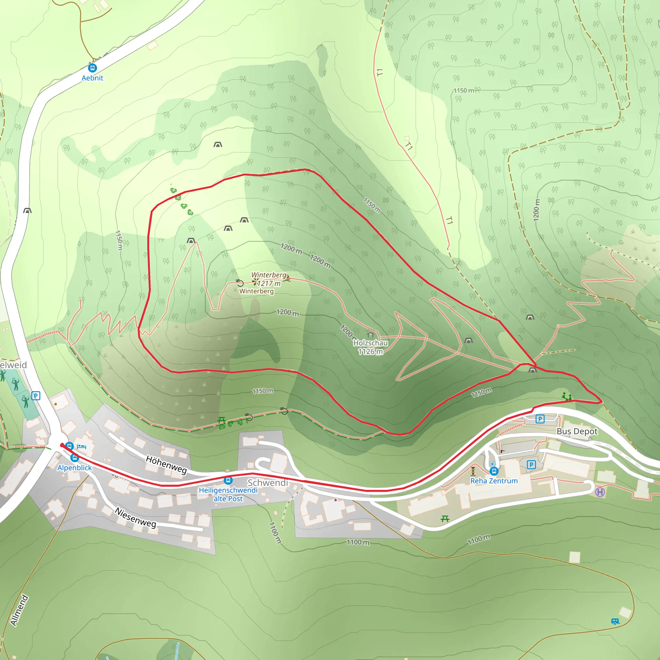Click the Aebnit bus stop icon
coord(92,68)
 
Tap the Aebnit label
coord(92,78)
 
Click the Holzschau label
coord(370,343)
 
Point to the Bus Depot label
coord(577,431)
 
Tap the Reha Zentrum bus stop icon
coord(494,471)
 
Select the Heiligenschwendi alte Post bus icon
coord(228,480)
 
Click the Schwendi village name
coord(268,483)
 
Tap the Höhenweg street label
coord(166,465)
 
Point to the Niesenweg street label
coord(135,518)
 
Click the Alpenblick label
coord(74,468)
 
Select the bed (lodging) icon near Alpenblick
coord(81,446)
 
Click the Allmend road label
coord(19,610)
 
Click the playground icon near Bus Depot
coord(567,397)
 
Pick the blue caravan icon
coord(615,621)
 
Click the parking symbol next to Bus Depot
coord(540,419)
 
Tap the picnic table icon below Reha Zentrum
coord(445,519)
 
